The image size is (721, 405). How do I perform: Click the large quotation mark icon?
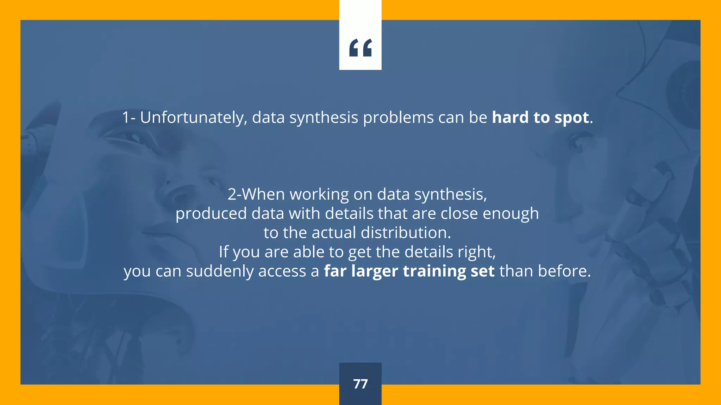[x=360, y=48]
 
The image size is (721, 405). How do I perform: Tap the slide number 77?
[x=360, y=384]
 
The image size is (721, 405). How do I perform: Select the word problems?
[x=398, y=117]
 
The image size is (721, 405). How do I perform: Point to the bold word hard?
[x=510, y=117]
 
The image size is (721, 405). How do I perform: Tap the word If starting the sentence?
[x=223, y=252]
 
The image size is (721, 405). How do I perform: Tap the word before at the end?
[x=564, y=271]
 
